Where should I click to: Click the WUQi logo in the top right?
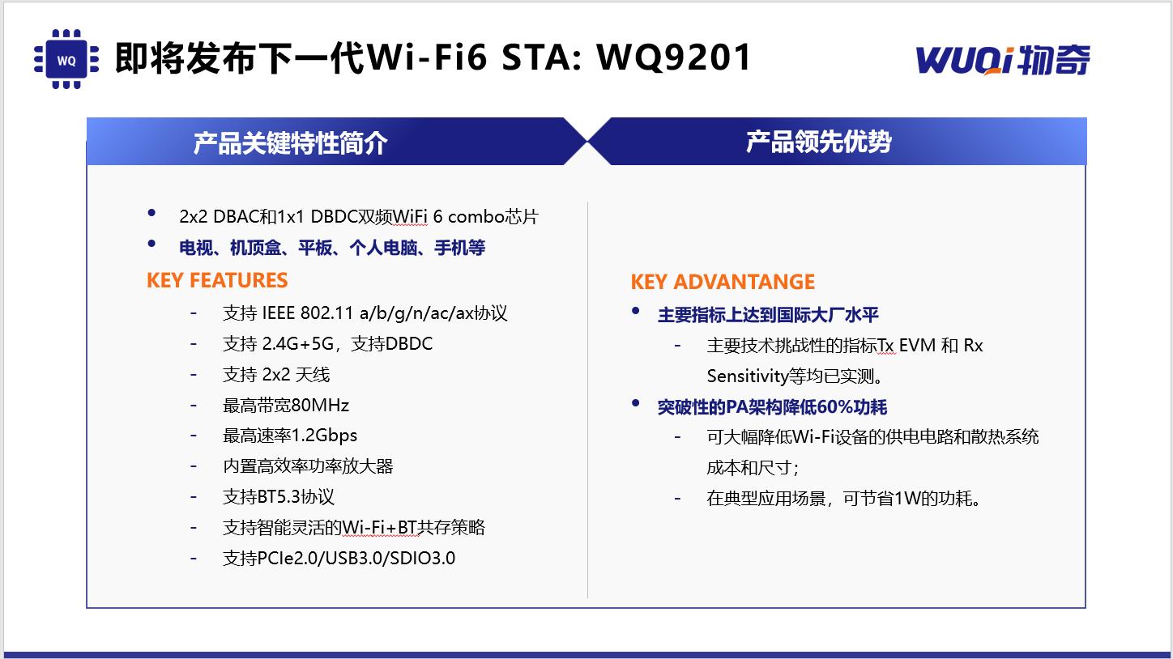(x=1003, y=60)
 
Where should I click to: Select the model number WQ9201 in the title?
(x=674, y=57)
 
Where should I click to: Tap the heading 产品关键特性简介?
(x=290, y=142)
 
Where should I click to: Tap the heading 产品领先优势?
(x=818, y=142)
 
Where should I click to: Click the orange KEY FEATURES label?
(x=217, y=280)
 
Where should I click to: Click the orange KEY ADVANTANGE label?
(x=723, y=282)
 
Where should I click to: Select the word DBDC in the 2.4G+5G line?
(x=409, y=344)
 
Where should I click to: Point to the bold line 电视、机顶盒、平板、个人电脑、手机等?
(x=332, y=248)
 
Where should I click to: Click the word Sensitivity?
(x=747, y=376)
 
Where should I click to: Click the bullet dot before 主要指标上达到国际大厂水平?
(x=636, y=312)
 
